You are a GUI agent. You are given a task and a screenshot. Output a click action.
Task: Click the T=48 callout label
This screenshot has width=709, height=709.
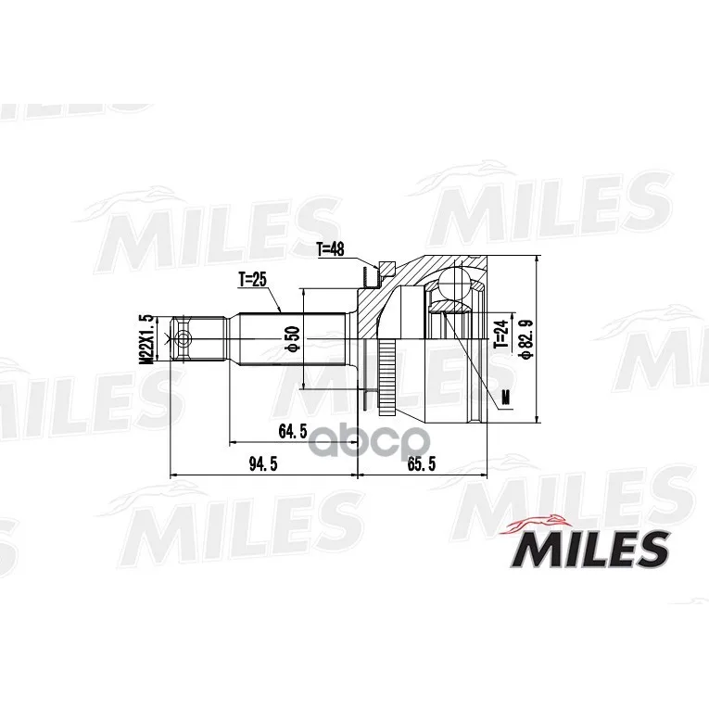point(330,249)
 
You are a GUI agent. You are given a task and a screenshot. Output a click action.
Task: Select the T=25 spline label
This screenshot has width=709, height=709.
point(252,280)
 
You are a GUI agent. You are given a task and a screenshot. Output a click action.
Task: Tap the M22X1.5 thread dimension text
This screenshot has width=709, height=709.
point(146,338)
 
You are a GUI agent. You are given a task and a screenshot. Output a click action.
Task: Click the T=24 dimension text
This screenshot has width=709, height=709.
point(501,335)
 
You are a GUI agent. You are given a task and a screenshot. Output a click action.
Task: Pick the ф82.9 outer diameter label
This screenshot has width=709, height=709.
point(526,339)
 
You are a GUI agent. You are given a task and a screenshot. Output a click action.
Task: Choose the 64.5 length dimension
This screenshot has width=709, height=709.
point(293,431)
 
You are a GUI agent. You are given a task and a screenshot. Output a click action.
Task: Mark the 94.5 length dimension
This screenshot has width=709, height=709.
point(263,463)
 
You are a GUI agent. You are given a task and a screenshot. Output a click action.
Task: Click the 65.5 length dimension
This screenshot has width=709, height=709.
point(422,463)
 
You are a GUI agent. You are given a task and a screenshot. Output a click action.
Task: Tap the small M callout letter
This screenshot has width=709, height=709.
point(506,397)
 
